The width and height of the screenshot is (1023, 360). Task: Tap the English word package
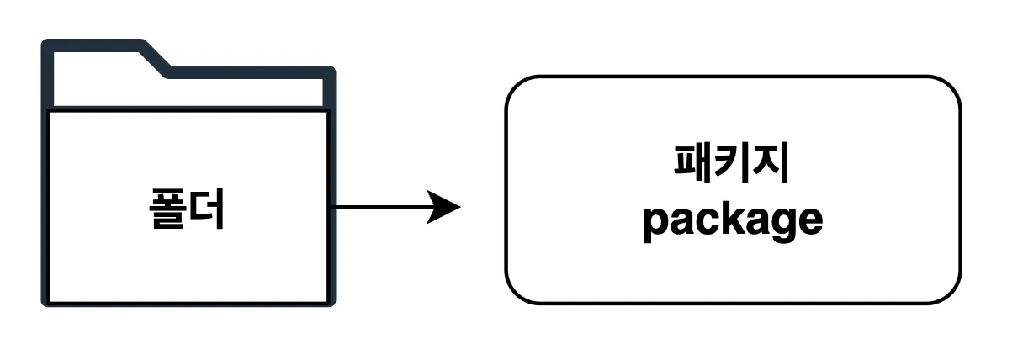(x=732, y=221)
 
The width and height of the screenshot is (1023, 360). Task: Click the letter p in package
(x=655, y=224)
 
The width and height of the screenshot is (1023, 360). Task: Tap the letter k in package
(x=727, y=220)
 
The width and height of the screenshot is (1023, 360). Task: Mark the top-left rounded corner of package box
(x=515, y=87)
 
